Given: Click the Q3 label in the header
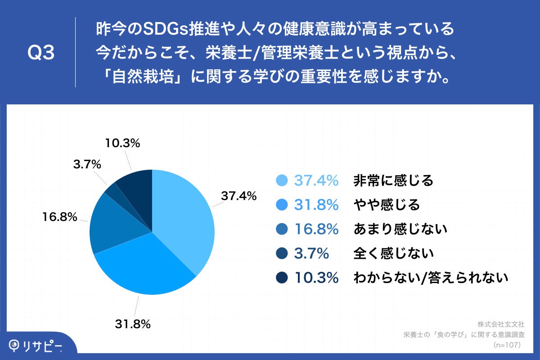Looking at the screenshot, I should (x=41, y=53).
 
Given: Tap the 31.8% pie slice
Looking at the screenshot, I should (x=144, y=265).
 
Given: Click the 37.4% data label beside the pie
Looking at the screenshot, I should (x=238, y=196).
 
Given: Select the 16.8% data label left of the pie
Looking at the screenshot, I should (x=58, y=217).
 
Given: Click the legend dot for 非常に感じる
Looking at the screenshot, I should (x=282, y=180).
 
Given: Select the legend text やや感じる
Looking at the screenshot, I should (x=387, y=205).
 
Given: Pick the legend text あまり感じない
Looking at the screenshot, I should (x=400, y=229).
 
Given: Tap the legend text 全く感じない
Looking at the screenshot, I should (x=393, y=253).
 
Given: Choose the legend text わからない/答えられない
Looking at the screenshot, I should (x=431, y=278).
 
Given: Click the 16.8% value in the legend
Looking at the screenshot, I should (x=316, y=229).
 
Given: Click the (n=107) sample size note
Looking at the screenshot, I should (x=507, y=345).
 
